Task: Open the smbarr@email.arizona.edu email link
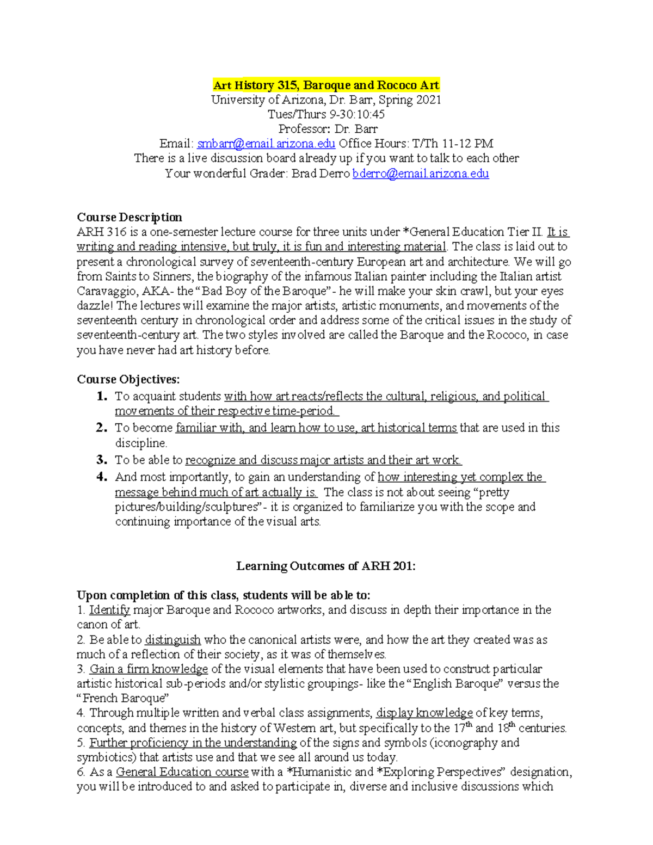click(266, 144)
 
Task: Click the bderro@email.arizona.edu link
click(420, 174)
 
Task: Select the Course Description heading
click(130, 217)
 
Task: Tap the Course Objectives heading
click(128, 379)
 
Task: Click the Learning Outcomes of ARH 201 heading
click(325, 566)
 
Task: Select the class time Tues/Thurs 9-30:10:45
click(326, 114)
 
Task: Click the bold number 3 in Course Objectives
click(101, 460)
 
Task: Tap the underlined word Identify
click(109, 610)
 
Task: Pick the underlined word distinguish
click(173, 640)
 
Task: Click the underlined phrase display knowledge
click(424, 713)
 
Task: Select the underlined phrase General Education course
click(182, 772)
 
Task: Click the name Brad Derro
click(321, 174)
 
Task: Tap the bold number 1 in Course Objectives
click(101, 396)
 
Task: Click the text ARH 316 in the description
click(101, 232)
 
